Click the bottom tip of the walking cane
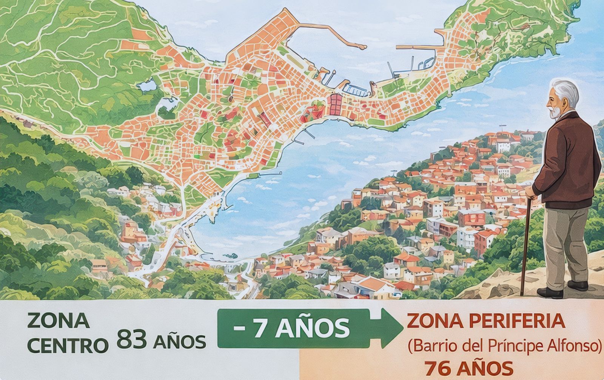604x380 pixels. pyautogui.click(x=522, y=294)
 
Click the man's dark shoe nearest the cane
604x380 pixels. pyautogui.click(x=550, y=293)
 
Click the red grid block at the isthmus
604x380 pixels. pyautogui.click(x=335, y=104)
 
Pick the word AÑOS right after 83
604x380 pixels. pyautogui.click(x=180, y=342)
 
